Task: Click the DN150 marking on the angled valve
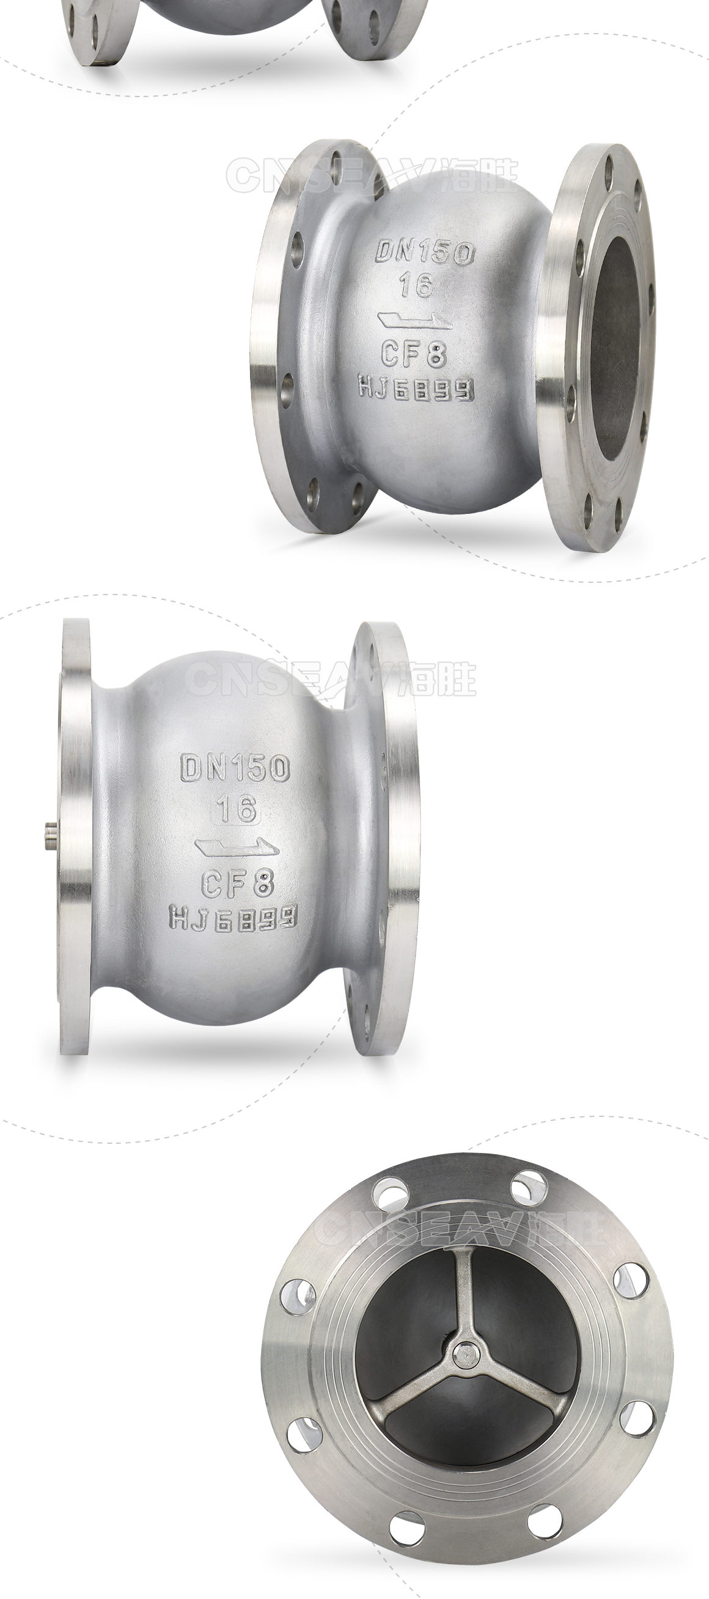coord(426,252)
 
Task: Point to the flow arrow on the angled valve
coord(416,321)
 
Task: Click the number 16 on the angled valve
coord(416,286)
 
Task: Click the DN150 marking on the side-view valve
coord(235,768)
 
